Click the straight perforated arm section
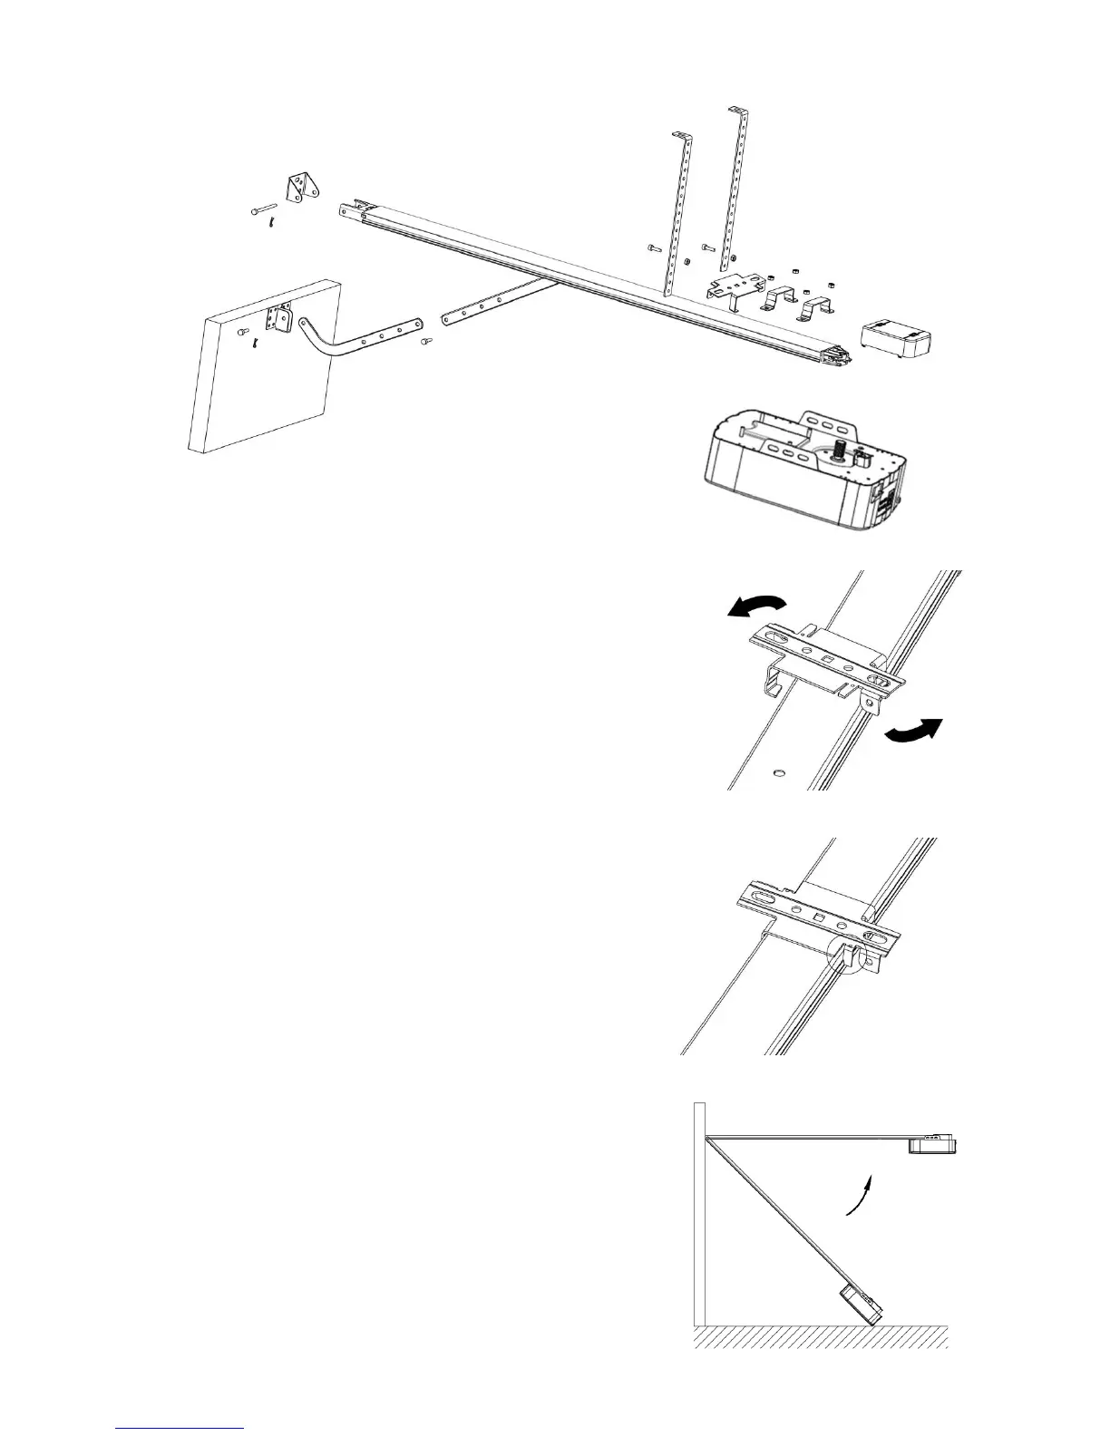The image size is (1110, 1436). (499, 300)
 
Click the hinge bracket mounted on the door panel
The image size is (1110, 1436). (277, 317)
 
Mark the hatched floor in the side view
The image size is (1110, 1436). (821, 1335)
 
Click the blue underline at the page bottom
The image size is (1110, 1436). (181, 1427)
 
